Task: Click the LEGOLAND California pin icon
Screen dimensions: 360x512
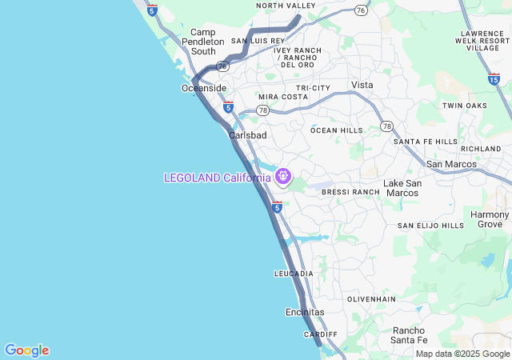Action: tap(282, 176)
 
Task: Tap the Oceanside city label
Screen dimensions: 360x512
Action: tap(204, 88)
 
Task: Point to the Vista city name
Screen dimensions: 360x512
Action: tap(362, 85)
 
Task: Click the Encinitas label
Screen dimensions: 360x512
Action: tap(305, 311)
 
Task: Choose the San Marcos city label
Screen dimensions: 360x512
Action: tap(451, 164)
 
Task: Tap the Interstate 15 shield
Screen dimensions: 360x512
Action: tap(494, 78)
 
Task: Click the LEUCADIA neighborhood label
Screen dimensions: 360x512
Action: tap(294, 274)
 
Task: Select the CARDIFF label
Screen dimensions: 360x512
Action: tap(321, 334)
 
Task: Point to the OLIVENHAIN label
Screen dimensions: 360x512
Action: tap(371, 298)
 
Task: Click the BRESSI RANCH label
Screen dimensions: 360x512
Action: tap(350, 192)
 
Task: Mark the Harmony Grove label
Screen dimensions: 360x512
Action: tap(489, 219)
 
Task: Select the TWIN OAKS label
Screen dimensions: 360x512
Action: tap(465, 106)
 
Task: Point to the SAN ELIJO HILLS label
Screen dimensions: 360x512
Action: tap(430, 226)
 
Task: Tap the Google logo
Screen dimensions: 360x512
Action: tap(26, 350)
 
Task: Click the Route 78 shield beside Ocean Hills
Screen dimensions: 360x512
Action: tap(387, 126)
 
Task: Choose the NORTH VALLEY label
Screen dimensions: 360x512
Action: tap(286, 6)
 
